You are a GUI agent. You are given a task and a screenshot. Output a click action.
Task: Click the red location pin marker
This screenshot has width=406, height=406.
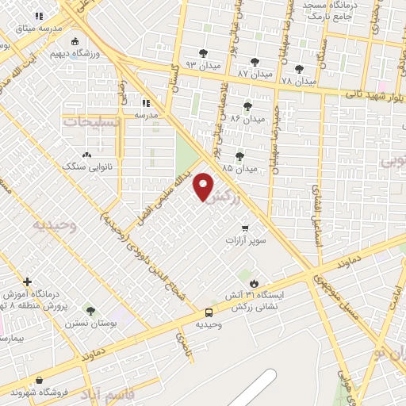pos(205,186)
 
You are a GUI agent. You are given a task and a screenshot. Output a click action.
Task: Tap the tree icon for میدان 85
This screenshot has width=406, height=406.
pos(240,156)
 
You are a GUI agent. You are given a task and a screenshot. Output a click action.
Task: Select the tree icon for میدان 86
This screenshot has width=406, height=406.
pos(247,106)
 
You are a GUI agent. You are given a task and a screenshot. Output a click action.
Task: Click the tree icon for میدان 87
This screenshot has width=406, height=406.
pos(255,62)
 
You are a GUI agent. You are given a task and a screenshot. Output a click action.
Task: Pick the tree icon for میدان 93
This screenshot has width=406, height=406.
pos(203,53)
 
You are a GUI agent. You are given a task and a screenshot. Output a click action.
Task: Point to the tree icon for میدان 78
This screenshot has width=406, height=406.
pos(299,69)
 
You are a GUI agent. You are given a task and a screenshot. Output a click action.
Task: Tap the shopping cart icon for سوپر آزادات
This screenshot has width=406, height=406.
pos(246,227)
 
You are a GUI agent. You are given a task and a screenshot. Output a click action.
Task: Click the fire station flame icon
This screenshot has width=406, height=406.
pos(254,283)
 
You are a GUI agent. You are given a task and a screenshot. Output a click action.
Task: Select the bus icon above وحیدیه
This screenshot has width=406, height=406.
pos(209,312)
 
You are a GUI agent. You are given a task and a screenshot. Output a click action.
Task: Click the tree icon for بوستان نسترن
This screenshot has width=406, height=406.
pos(90,312)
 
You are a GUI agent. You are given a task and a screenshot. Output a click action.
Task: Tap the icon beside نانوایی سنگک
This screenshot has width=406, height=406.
pos(86,154)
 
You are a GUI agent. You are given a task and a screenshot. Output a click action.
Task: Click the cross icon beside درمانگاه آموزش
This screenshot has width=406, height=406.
pos(28,282)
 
